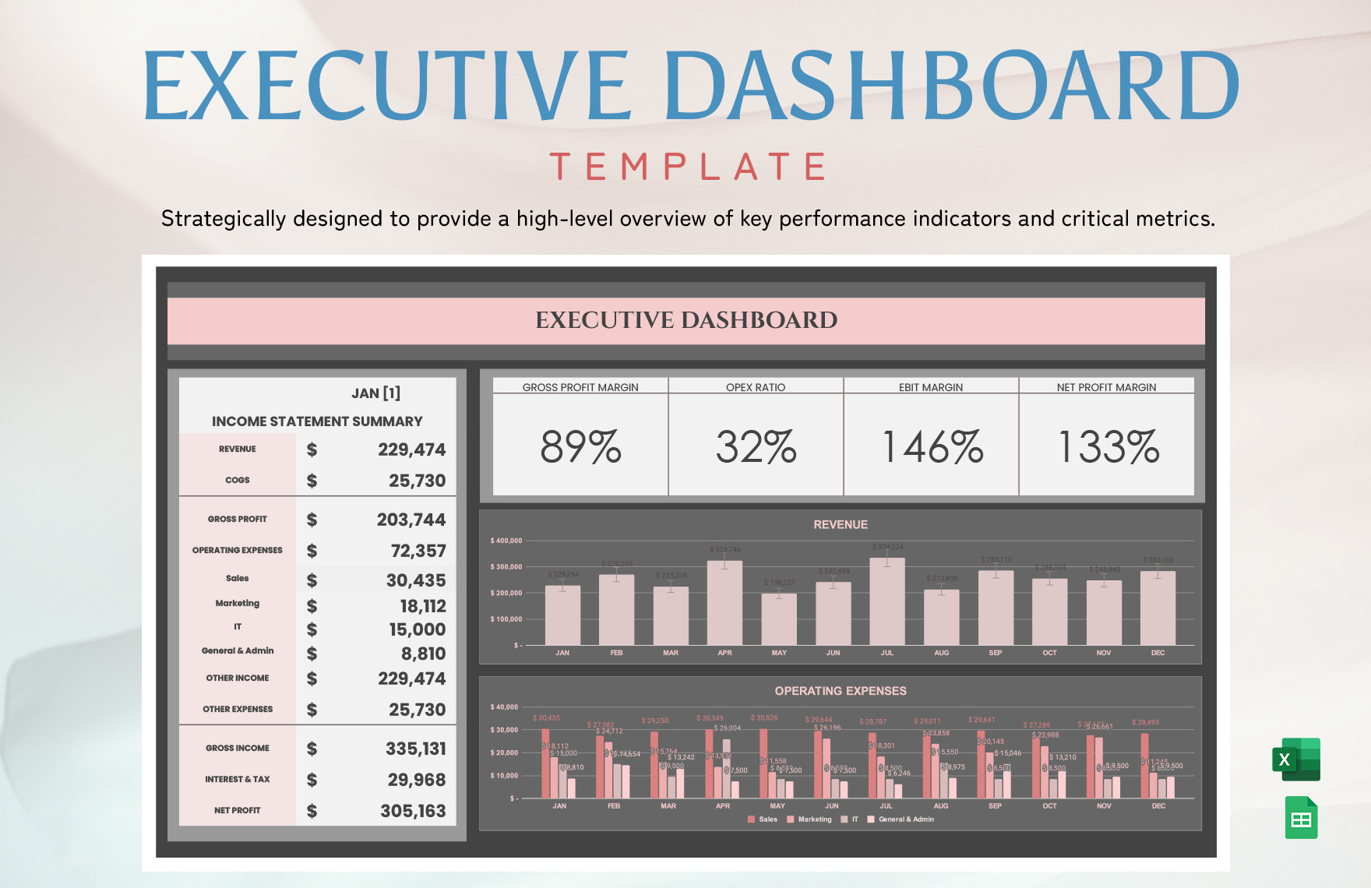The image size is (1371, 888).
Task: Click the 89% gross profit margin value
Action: pos(580,447)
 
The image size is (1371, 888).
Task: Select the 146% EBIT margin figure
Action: pos(932,447)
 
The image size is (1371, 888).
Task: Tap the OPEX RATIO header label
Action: pos(756,387)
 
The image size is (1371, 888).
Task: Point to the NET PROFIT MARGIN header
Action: pos(1106,387)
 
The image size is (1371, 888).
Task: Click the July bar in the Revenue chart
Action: pos(887,601)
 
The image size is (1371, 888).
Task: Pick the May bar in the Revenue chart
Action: pos(779,618)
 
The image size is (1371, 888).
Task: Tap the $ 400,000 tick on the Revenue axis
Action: pos(506,541)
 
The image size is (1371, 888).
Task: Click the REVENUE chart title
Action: pos(841,525)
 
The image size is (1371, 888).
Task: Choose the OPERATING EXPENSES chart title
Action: pos(841,691)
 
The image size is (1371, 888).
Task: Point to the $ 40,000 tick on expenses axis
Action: pos(504,707)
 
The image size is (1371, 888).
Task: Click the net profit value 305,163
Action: pos(413,811)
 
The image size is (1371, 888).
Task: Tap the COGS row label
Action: pos(238,481)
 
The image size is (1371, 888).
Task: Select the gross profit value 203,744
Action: pos(411,520)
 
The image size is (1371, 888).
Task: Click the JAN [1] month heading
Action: pos(375,393)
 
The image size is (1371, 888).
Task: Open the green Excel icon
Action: pos(1296,759)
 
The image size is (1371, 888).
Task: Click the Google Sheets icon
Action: pos(1301,818)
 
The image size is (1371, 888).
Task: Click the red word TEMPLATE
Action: pos(689,167)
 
